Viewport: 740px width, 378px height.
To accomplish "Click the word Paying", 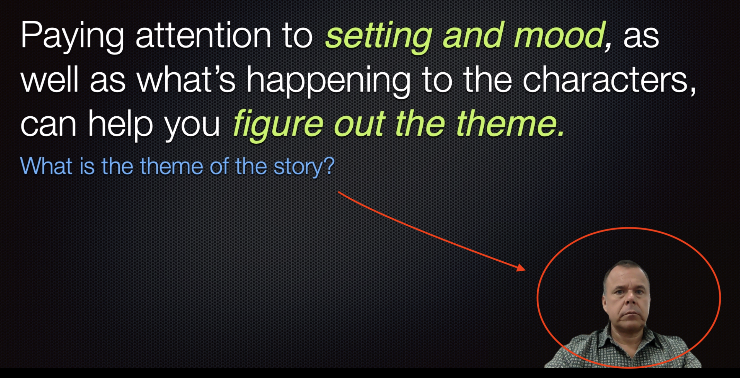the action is (72, 36).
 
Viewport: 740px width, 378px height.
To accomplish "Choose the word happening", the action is (328, 82).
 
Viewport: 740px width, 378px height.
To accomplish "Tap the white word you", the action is (192, 127).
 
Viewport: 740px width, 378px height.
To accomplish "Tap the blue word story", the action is (304, 168).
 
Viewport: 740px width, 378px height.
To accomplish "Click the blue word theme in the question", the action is (171, 166).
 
